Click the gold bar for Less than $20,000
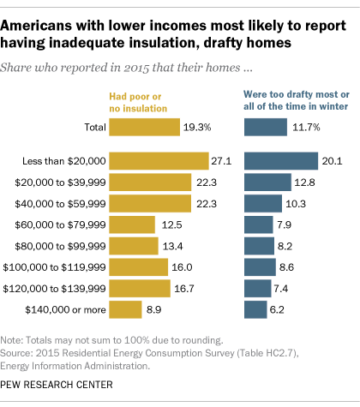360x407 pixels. tap(159, 160)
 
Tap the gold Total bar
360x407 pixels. tap(144, 127)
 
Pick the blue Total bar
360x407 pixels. tap(266, 127)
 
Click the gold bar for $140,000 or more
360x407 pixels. tap(125, 309)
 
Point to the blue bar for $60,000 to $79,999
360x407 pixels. tap(258, 224)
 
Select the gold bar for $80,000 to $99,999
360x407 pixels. tap(134, 246)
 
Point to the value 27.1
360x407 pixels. tap(223, 160)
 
